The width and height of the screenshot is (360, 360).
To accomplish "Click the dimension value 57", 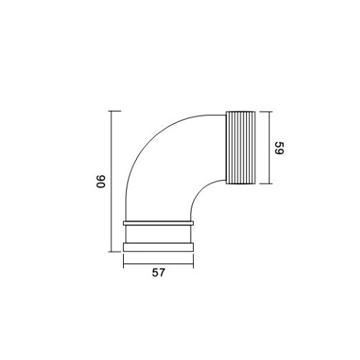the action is [x=158, y=273].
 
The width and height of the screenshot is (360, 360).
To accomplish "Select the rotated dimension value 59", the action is [x=279, y=148].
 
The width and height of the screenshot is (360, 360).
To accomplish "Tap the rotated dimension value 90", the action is [x=101, y=181].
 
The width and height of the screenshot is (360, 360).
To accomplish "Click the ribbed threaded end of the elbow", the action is [x=240, y=148].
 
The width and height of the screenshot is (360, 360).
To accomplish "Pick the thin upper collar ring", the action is [x=158, y=223].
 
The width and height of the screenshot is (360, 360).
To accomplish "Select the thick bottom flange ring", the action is [x=158, y=247].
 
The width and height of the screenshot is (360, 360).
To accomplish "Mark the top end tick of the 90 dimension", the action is [x=114, y=111].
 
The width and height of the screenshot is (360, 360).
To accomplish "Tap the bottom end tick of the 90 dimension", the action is [x=114, y=252].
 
